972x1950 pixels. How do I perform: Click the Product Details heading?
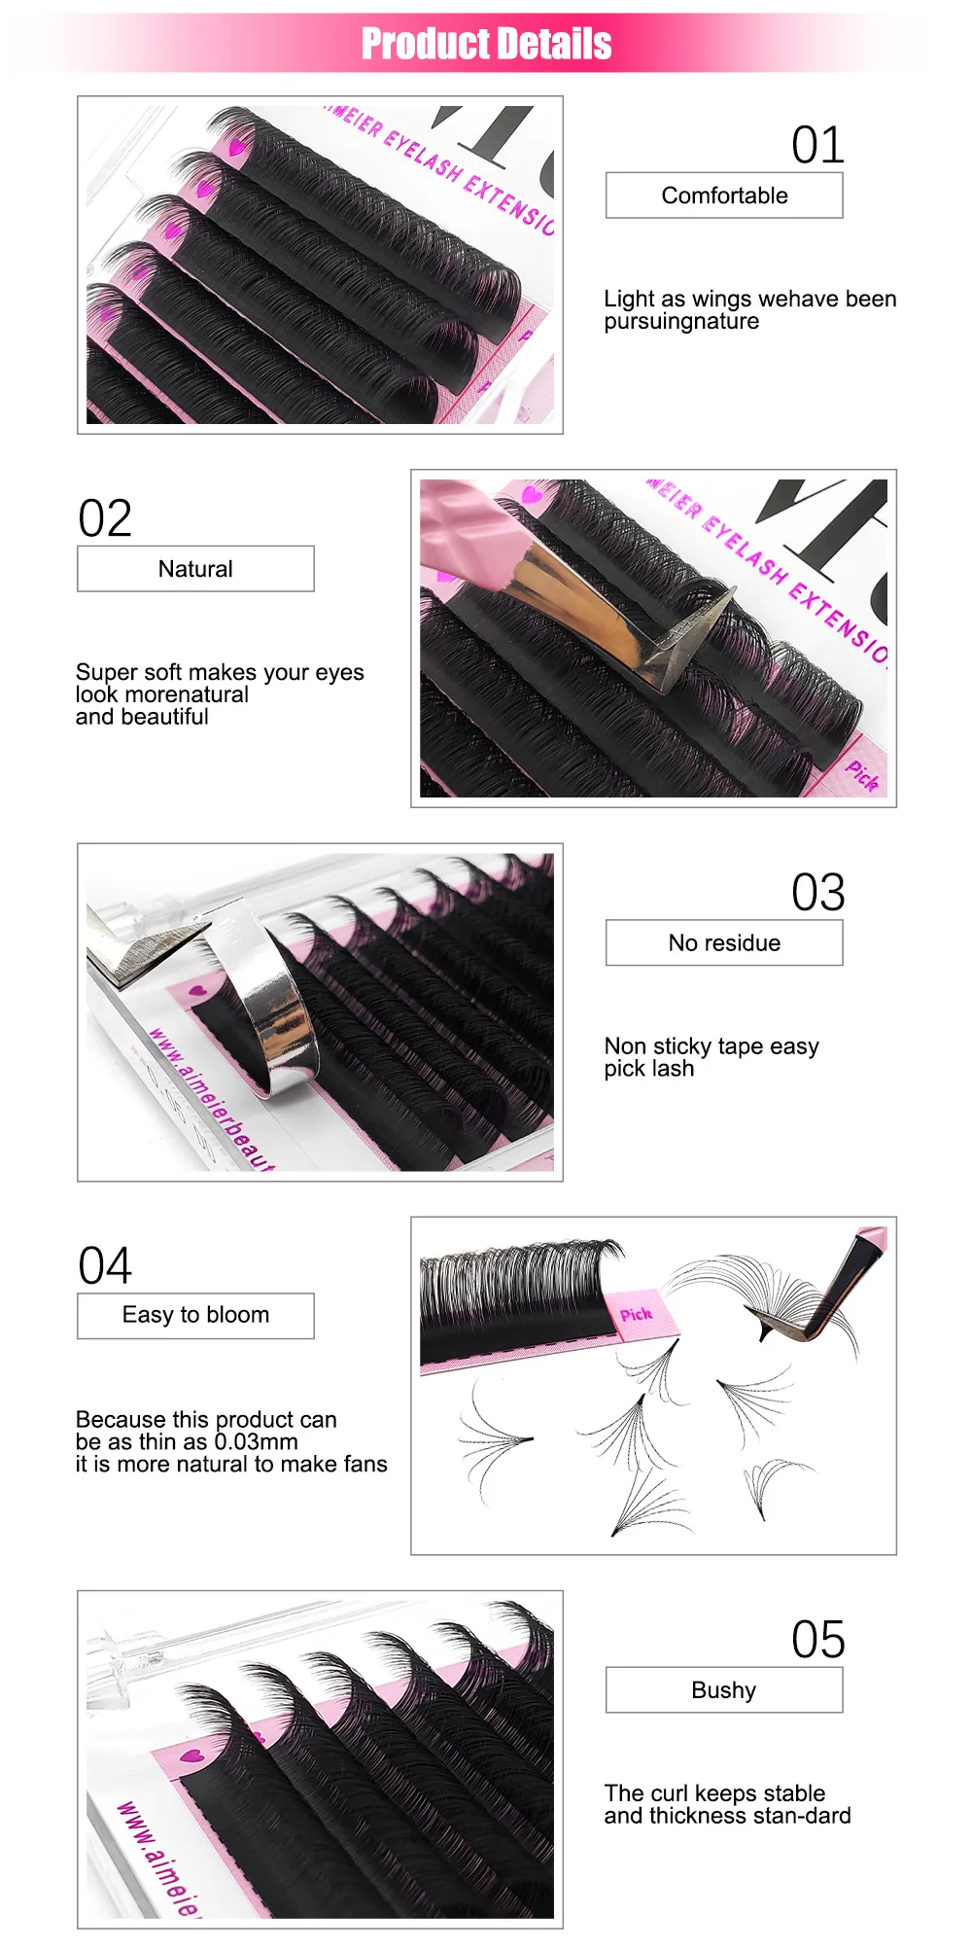pyautogui.click(x=486, y=44)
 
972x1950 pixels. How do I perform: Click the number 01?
pyautogui.click(x=817, y=146)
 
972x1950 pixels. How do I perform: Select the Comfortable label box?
pyautogui.click(x=724, y=195)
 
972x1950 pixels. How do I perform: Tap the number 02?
pyautogui.click(x=105, y=519)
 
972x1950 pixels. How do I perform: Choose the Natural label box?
pyautogui.click(x=195, y=569)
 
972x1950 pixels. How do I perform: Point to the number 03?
pyautogui.click(x=817, y=893)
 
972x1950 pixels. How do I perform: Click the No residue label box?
pyautogui.click(x=724, y=942)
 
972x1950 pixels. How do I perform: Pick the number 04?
pyautogui.click(x=105, y=1266)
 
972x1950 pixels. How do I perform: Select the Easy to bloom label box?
pyautogui.click(x=195, y=1315)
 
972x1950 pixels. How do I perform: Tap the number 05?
pyautogui.click(x=817, y=1640)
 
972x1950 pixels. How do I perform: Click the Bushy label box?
pyautogui.click(x=724, y=1690)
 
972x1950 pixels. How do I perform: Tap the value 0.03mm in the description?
pyautogui.click(x=256, y=1442)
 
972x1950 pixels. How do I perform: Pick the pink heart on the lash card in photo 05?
pyautogui.click(x=191, y=1756)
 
